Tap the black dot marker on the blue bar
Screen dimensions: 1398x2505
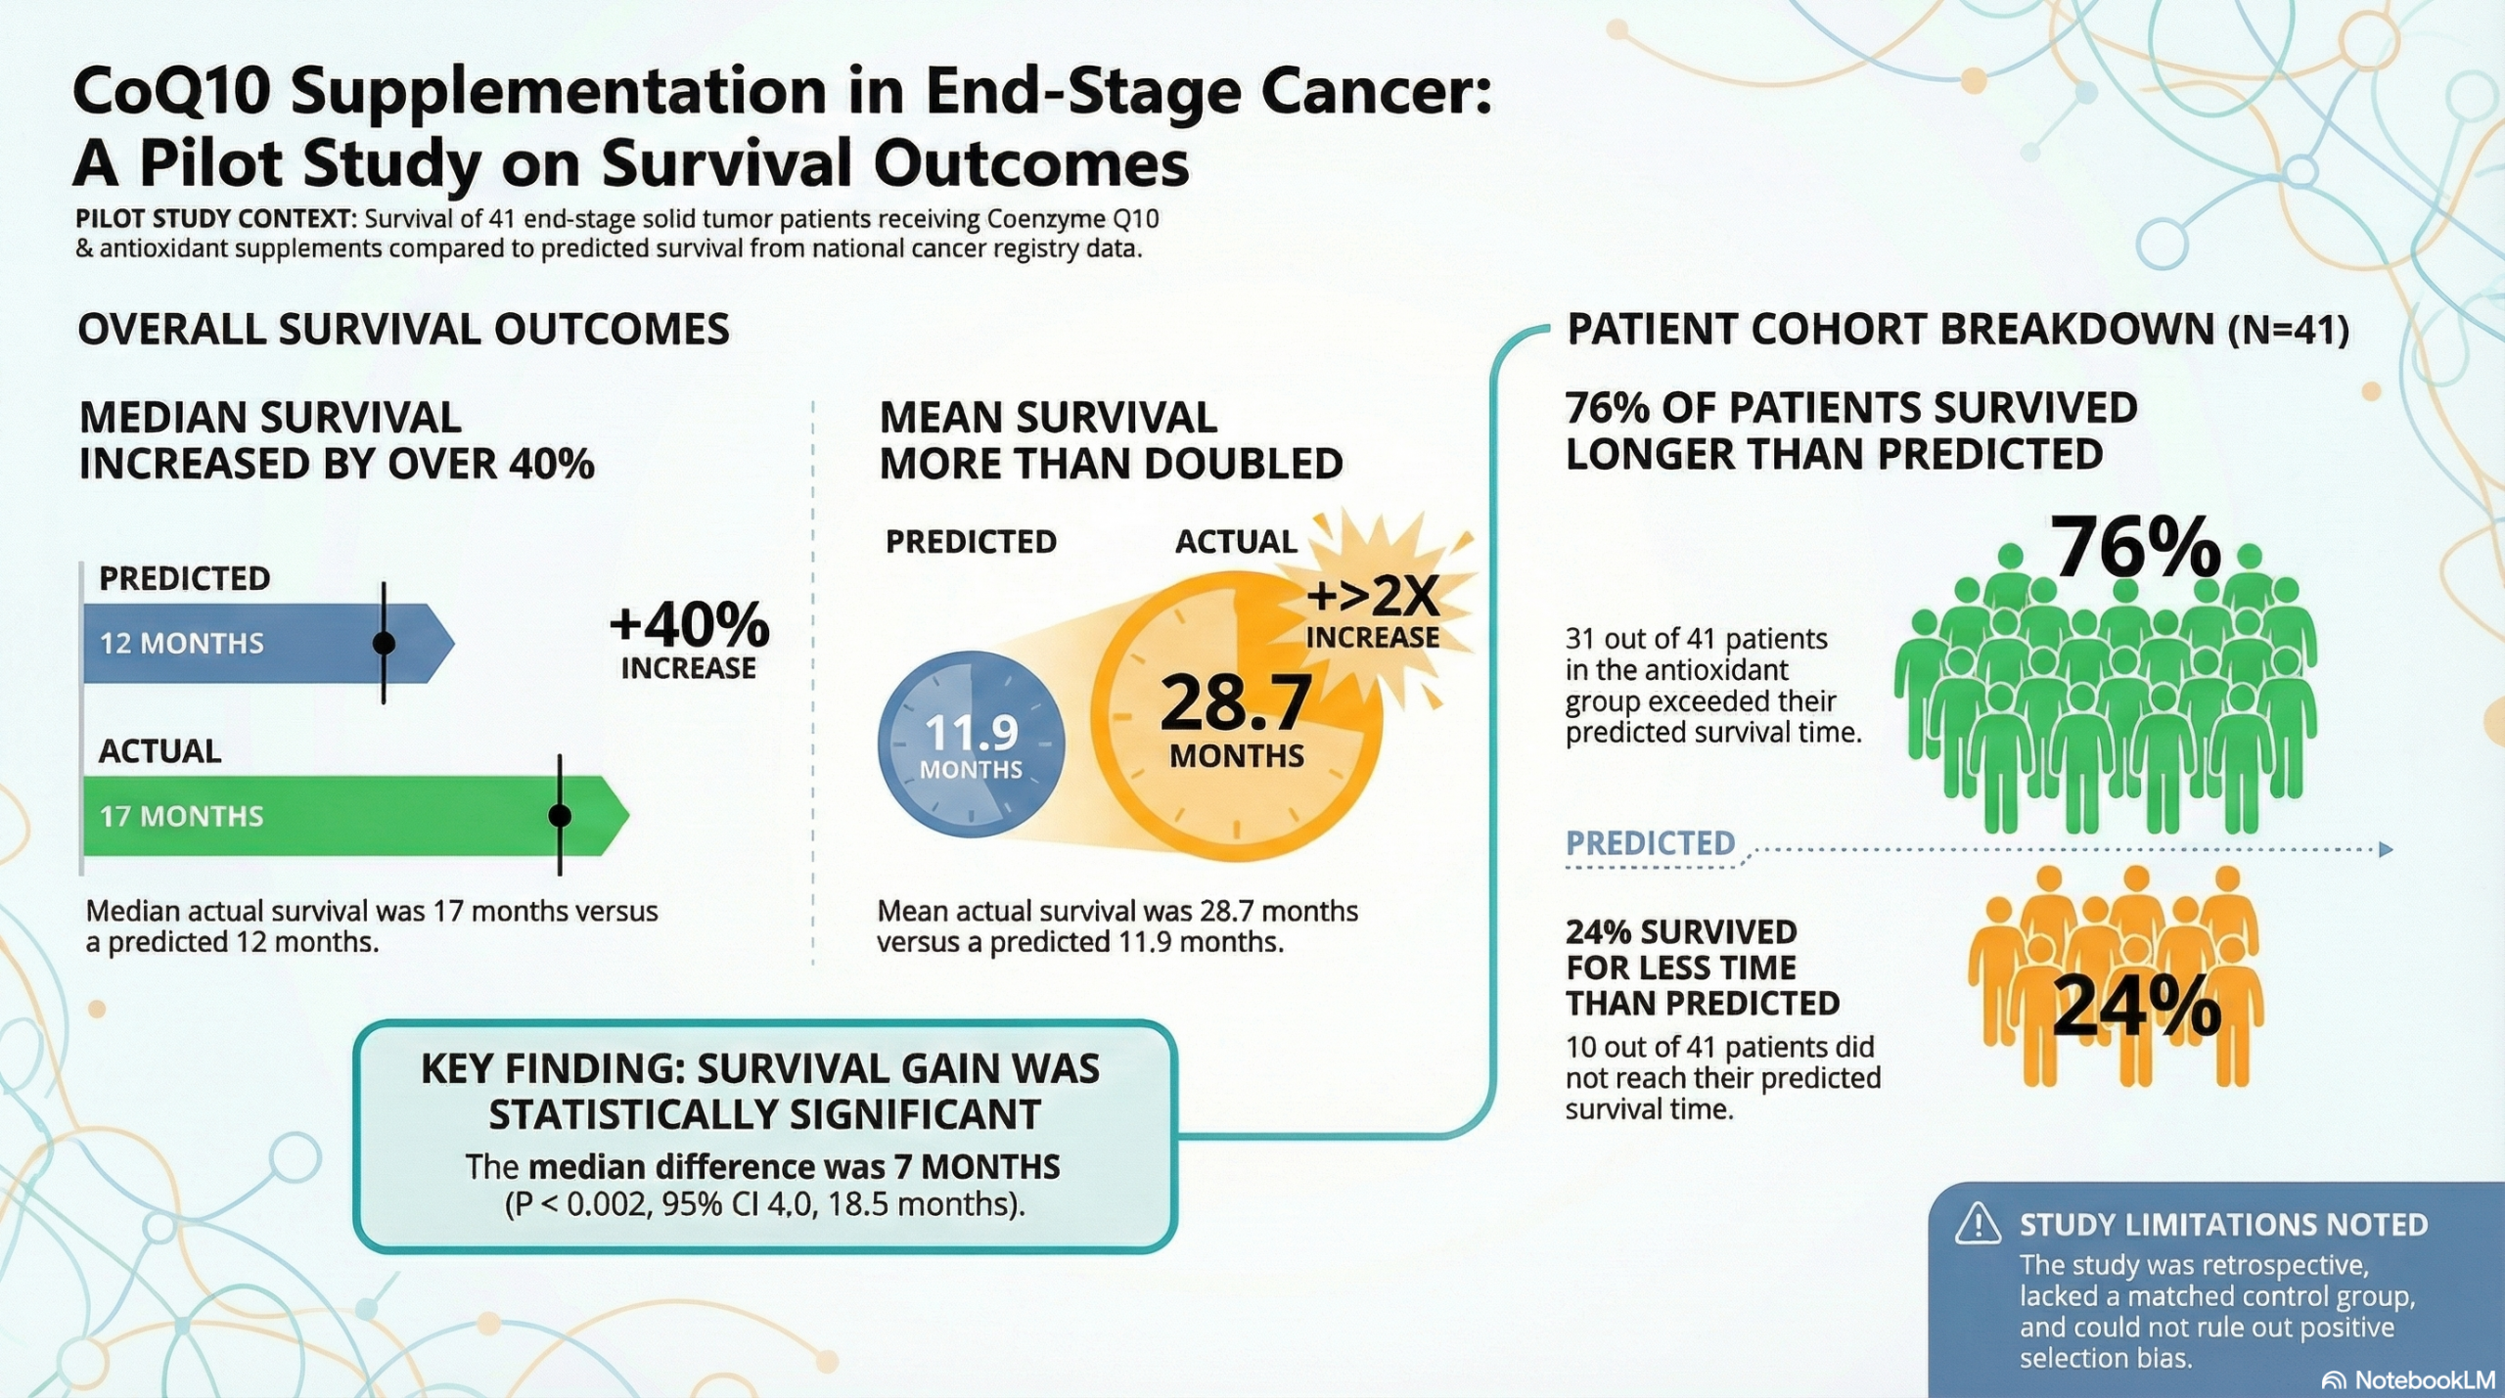(x=384, y=643)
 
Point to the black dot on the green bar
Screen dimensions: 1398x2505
(x=560, y=815)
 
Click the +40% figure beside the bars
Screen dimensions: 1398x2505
(x=689, y=626)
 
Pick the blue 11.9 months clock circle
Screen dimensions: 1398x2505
(x=971, y=744)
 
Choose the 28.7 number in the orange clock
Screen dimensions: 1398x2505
(x=1235, y=703)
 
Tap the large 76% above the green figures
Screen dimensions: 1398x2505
(x=2135, y=548)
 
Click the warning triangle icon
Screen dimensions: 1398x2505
(x=1978, y=1224)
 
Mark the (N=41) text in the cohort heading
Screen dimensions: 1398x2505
(x=2288, y=331)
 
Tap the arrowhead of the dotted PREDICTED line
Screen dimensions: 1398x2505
(x=2386, y=849)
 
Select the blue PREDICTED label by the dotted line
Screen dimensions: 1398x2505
(x=1650, y=843)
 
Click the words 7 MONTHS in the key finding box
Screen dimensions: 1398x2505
(x=990, y=1166)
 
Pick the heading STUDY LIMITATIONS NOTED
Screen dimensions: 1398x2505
(x=2223, y=1225)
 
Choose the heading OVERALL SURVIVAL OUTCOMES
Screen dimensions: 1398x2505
(x=403, y=330)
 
